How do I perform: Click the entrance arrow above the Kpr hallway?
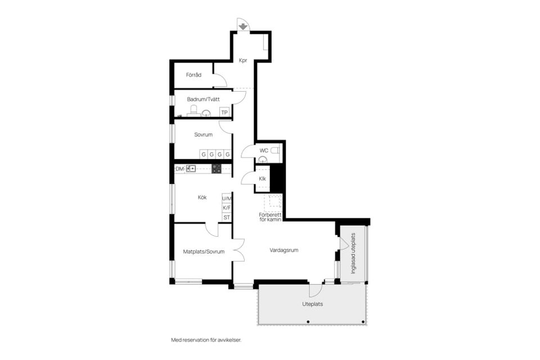point(243,26)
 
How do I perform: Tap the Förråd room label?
point(193,75)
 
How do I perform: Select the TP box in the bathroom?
point(224,112)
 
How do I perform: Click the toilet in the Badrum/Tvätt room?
point(193,111)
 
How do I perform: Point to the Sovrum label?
point(203,134)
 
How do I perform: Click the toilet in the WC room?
point(275,151)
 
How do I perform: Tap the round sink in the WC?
point(263,159)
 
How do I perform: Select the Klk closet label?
point(263,179)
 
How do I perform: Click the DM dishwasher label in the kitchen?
point(179,169)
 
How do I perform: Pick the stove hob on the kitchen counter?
point(217,168)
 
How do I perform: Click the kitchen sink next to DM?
point(191,168)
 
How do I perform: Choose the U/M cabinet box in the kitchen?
point(227,199)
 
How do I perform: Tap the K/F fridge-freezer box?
point(227,208)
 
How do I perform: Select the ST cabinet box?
point(227,217)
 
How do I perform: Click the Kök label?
point(202,197)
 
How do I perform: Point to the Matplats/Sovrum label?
point(204,252)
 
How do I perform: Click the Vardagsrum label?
point(284,250)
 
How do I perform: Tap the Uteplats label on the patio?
point(313,304)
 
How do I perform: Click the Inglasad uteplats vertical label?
point(353,254)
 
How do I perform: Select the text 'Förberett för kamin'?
point(271,217)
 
